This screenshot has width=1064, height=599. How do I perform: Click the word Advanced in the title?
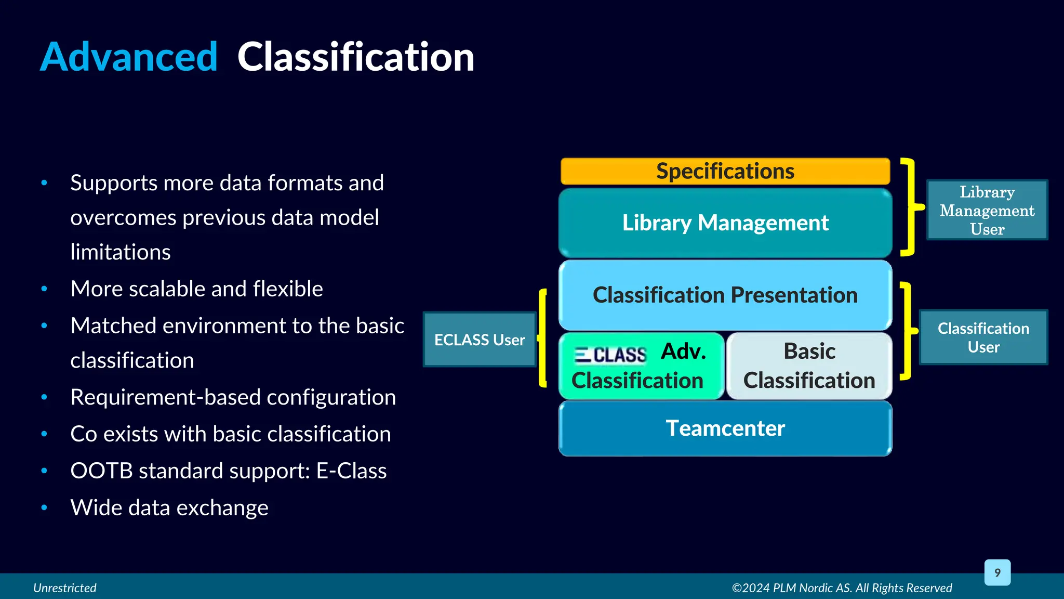tap(128, 57)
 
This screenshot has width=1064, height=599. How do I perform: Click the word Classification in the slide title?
tap(355, 57)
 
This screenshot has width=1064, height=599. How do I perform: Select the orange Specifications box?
tap(725, 171)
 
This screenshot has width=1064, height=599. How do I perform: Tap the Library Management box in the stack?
tap(725, 223)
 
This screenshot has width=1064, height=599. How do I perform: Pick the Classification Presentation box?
tap(725, 295)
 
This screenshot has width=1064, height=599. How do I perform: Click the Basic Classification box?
tap(809, 366)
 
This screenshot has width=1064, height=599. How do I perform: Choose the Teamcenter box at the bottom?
tap(725, 428)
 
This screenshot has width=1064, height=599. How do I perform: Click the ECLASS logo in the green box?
tap(610, 355)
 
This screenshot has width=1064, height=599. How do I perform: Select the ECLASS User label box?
tap(480, 340)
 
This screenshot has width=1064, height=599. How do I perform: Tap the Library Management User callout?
tap(987, 210)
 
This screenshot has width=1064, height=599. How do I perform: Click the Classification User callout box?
tap(983, 337)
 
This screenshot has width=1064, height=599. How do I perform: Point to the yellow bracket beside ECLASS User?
tap(542, 338)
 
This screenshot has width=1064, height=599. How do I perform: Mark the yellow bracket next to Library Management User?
tap(910, 207)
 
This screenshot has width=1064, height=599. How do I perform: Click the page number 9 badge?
tap(997, 572)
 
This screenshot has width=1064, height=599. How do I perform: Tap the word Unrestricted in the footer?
tap(65, 588)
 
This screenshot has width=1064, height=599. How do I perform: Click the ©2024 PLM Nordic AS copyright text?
tap(842, 588)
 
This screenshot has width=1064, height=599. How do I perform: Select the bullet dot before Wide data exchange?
tap(44, 507)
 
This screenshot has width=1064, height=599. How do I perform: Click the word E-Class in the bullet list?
tap(351, 471)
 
